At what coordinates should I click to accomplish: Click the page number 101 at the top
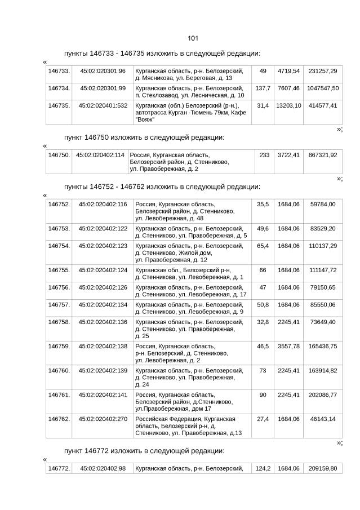[192, 38]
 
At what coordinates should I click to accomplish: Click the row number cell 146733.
[59, 71]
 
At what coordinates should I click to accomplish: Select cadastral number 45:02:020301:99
[103, 88]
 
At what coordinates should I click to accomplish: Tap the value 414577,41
[323, 105]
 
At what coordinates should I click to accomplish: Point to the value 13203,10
[288, 105]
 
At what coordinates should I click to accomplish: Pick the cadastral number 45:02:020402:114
[100, 154]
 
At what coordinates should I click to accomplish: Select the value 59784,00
[323, 204]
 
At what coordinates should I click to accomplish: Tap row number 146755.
[59, 270]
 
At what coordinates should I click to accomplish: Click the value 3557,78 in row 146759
[288, 346]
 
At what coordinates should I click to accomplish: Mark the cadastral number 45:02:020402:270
[103, 419]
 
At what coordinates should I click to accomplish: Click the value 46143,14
[323, 419]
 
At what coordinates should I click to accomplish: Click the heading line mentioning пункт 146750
[144, 137]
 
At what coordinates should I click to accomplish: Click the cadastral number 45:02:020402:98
[103, 468]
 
